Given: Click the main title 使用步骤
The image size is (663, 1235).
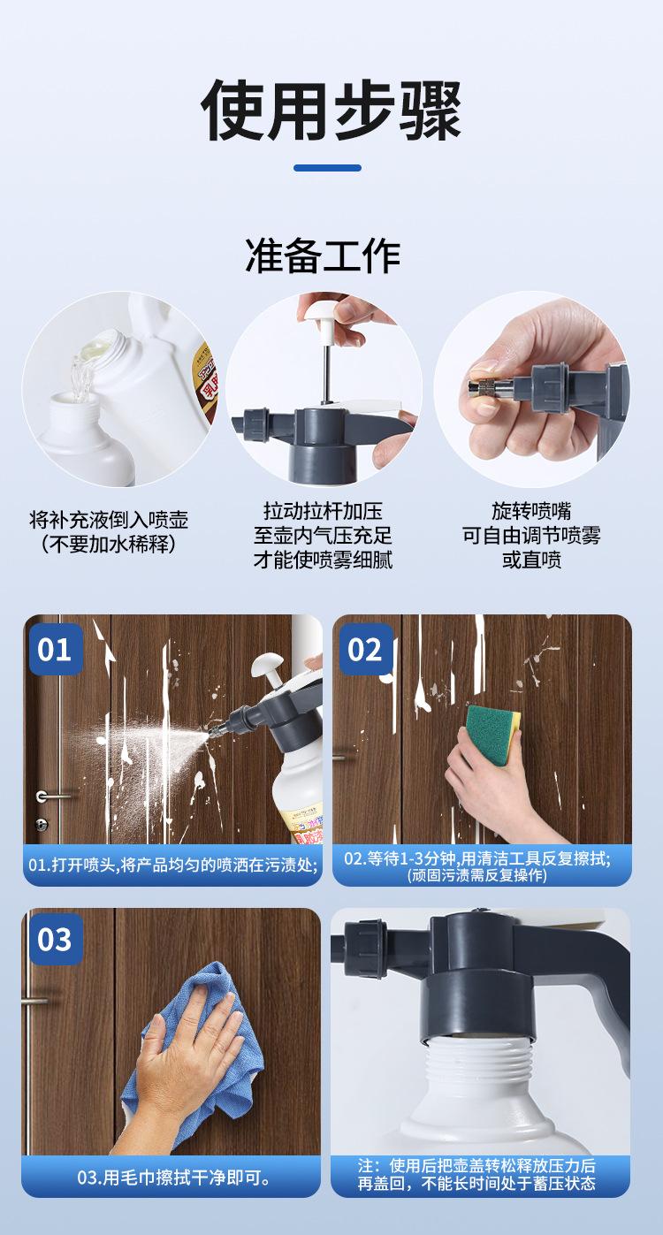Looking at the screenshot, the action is click(331, 110).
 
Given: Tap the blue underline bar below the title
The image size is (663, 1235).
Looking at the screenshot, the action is click(327, 168).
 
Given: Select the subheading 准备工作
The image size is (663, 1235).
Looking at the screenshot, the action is click(323, 255).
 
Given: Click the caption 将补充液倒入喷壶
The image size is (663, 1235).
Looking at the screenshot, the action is click(109, 519).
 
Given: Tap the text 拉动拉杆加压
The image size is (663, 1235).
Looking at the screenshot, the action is click(323, 511).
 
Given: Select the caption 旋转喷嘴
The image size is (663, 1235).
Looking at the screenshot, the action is click(531, 511).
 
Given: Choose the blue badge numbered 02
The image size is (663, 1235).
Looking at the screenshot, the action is click(365, 649).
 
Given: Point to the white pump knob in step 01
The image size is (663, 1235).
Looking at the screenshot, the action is click(267, 666).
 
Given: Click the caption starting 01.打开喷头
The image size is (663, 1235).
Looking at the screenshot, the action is click(173, 864).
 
